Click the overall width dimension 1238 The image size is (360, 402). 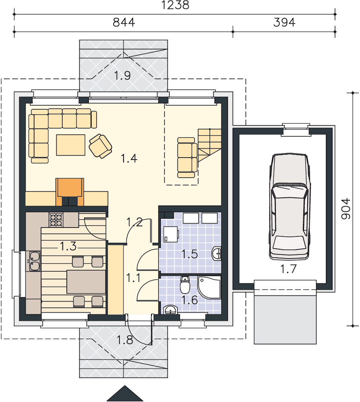point(175,5)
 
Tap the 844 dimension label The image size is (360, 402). point(124,23)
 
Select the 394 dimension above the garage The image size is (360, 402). point(284,23)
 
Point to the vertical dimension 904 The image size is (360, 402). point(346,209)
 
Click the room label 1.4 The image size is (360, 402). point(129,158)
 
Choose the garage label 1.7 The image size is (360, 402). point(288,269)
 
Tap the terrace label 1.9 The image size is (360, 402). point(122,76)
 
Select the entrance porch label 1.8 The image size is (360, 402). point(125,340)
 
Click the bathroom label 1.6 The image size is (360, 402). point(190,300)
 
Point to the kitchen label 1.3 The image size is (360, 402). point(68,246)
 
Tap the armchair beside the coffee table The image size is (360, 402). point(100,146)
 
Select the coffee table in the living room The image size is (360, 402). point(70,145)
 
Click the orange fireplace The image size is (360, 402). point(70,192)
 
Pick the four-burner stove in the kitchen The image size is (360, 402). point(56,220)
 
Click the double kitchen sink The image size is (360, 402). point(35,261)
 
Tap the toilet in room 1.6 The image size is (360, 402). point(185,285)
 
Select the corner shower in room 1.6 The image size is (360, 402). point(209,287)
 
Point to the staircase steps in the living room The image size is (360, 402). point(210,145)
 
